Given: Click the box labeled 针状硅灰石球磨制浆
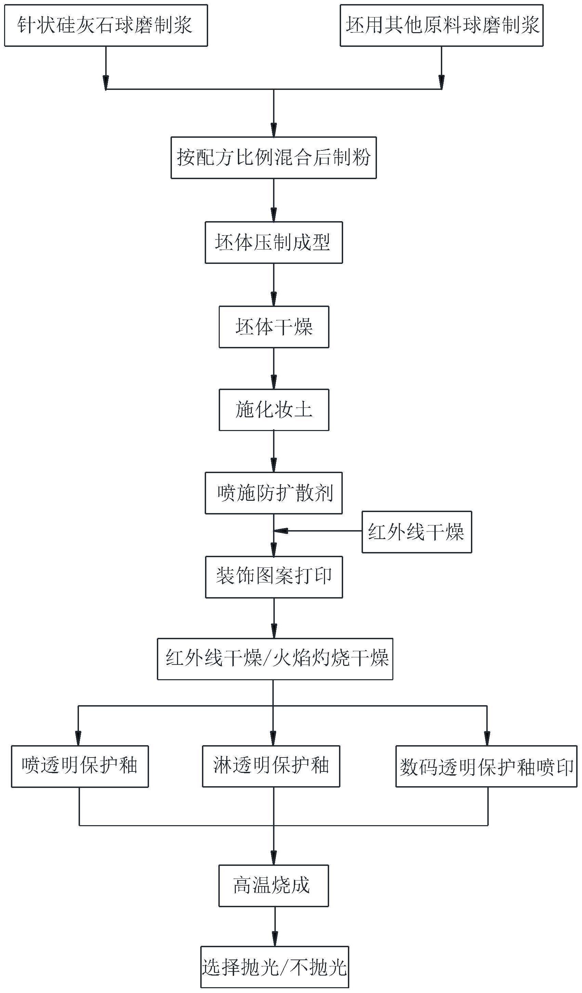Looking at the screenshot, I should click(106, 26).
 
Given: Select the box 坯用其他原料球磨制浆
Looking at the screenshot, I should click(441, 26).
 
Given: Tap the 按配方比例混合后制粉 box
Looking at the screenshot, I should click(273, 158).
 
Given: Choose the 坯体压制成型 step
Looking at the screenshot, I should click(273, 242).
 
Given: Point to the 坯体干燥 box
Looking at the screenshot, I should click(274, 327).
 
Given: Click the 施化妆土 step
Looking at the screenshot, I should click(274, 410).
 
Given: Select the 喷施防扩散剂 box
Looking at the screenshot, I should click(273, 493).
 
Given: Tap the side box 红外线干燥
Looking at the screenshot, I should click(417, 532).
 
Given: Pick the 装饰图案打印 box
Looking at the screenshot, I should click(274, 577).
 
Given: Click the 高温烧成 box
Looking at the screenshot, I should click(273, 886).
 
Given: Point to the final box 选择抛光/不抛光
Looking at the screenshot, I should click(275, 967).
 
